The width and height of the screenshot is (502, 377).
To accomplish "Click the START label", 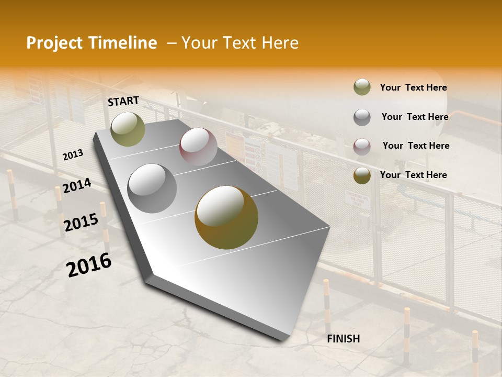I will pos(123,101).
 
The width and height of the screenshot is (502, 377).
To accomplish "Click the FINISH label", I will pos(343,339).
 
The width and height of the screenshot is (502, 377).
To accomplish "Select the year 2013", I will pos(73,155).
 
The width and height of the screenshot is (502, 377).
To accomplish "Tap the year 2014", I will pos(77,186).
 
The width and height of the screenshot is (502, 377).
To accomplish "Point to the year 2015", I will pos(81,223).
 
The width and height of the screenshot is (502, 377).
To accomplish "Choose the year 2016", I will pos(89,265).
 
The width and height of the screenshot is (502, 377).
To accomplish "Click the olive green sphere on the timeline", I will pos(128,129).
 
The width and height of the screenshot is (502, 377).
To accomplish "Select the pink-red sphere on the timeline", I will pos(198,147).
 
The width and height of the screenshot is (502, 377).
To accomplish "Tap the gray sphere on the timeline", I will pos(152,188).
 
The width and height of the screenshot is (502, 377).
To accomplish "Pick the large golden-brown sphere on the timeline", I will pos(226,217).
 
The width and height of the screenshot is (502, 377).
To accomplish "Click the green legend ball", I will pos(362,87).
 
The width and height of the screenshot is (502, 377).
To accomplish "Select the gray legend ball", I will pos(362,117).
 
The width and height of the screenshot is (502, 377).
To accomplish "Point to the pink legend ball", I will pos(362,146).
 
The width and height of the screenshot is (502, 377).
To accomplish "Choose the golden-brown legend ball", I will pos(362,175).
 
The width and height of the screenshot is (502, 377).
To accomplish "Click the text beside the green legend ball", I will pos(413,87).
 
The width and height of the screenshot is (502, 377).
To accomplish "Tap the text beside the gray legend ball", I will pos(415,117).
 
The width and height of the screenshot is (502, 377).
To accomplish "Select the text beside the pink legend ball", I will pos(416,146).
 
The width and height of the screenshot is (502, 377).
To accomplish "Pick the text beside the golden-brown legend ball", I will pos(413,175).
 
